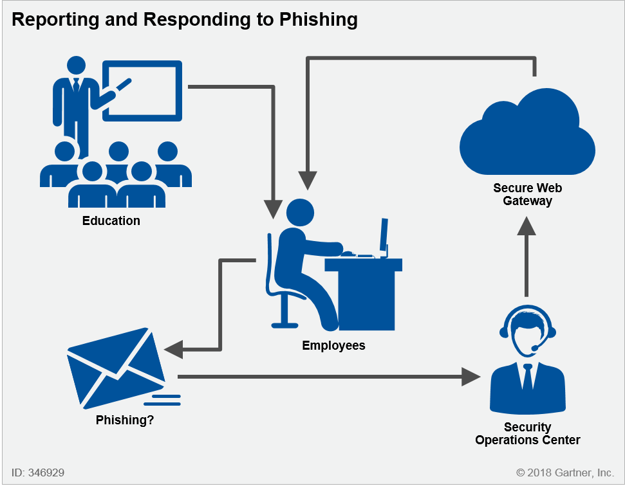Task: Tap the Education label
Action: click(111, 221)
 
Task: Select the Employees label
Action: click(333, 345)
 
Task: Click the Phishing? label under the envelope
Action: click(125, 420)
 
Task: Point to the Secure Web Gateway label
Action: click(527, 194)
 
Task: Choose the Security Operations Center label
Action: click(527, 434)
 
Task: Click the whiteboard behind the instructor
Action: click(142, 91)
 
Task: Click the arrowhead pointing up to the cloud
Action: click(527, 226)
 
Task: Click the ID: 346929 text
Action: click(37, 473)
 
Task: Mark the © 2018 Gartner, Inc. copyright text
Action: click(564, 473)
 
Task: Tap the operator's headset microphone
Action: click(535, 348)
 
